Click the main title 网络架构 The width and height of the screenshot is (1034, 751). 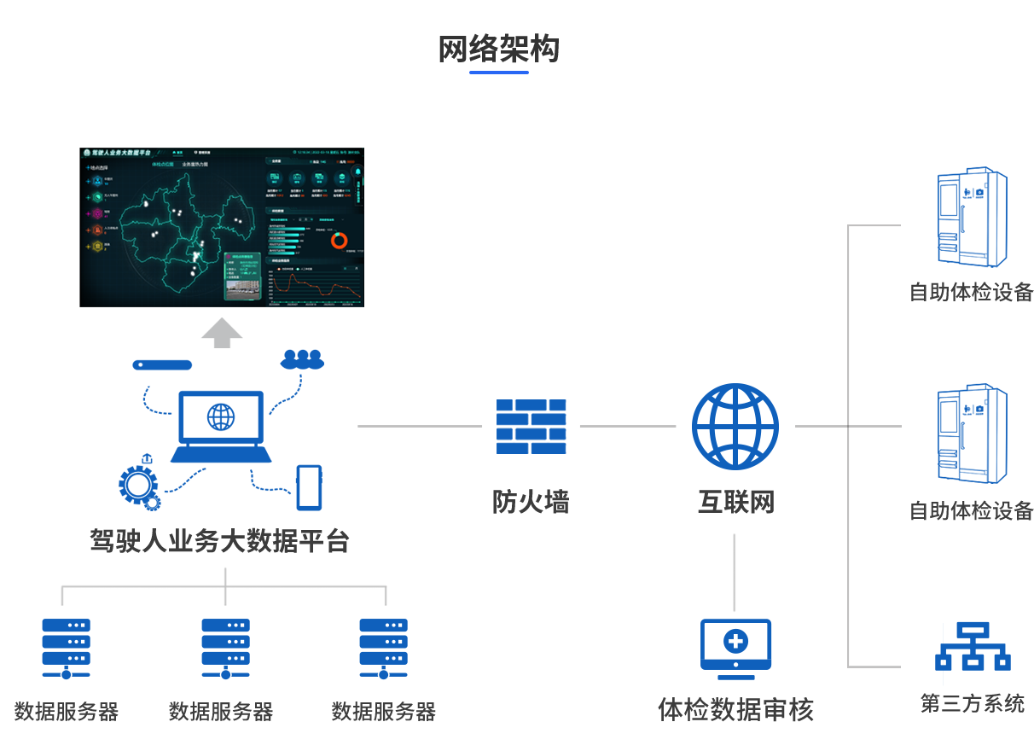point(498,49)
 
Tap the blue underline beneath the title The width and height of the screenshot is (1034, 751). point(498,73)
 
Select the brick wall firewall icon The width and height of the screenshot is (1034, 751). point(531,426)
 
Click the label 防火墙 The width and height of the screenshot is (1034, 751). point(530,502)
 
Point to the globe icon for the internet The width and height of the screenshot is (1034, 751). point(735,427)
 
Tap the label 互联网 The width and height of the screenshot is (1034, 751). point(735,502)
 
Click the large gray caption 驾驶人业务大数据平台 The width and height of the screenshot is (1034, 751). point(219,541)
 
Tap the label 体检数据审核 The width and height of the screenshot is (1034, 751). point(735,709)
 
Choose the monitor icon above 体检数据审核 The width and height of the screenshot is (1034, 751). point(735,646)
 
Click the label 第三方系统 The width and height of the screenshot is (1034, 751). point(972,703)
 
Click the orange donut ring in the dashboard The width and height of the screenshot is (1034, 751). point(340,240)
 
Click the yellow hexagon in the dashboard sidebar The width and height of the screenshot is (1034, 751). point(98,247)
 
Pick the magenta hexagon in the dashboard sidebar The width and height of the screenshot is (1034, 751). point(98,212)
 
